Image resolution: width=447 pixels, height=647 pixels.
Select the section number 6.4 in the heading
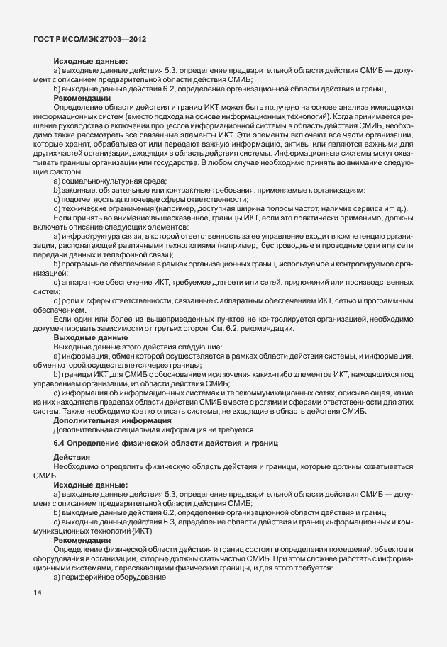[x=60, y=443]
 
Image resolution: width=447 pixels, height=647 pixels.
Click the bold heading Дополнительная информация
[x=106, y=420]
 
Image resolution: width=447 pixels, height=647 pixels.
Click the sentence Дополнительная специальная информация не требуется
[x=154, y=429]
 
